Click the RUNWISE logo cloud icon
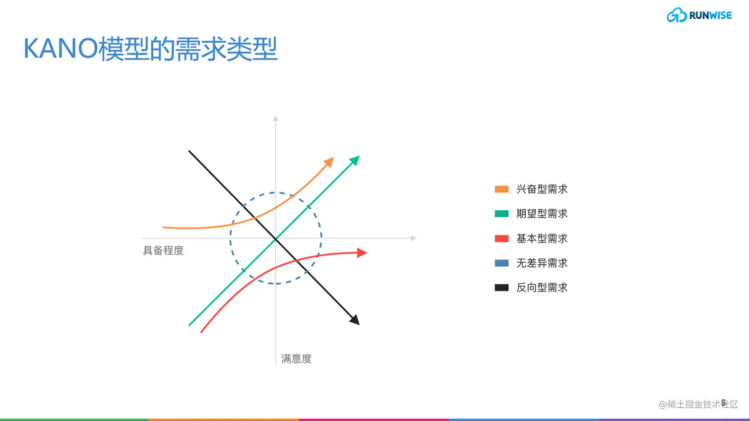677,15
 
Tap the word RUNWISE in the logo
710,15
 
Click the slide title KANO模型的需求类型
150,49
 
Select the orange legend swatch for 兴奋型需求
501,189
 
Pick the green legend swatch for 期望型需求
501,214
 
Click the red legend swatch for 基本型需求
501,239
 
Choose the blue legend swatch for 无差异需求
501,263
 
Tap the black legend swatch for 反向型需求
501,288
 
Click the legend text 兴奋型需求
542,189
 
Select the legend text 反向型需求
542,288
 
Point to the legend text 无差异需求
542,263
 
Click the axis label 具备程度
163,250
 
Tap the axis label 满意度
296,359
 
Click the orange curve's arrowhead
329,162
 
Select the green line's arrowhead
355,160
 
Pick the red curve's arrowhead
362,252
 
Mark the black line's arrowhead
355,320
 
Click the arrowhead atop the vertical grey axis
276,118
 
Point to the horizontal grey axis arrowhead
414,238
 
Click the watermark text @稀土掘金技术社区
698,404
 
